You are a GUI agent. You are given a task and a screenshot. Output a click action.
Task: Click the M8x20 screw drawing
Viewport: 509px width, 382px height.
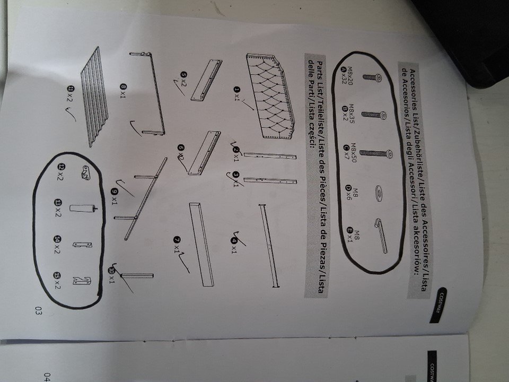pyautogui.click(x=372, y=77)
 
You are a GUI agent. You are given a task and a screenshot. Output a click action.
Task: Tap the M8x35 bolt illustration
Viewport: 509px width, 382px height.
pyautogui.click(x=374, y=115)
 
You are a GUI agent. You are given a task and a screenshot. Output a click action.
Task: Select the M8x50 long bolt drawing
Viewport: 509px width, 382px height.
pyautogui.click(x=376, y=153)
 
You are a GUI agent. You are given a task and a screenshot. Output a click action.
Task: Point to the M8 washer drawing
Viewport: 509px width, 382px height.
pyautogui.click(x=378, y=194)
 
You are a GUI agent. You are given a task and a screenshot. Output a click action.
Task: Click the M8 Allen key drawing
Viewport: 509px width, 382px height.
pyautogui.click(x=381, y=235)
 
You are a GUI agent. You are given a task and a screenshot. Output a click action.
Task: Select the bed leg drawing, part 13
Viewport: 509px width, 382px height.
pyautogui.click(x=83, y=209)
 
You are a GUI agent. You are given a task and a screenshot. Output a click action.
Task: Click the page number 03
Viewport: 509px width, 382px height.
pyautogui.click(x=38, y=311)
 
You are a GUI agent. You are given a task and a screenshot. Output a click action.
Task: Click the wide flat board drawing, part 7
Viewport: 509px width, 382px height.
pyautogui.click(x=201, y=244)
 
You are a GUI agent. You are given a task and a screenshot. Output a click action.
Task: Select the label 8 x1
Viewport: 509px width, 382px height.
pyautogui.click(x=123, y=91)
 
